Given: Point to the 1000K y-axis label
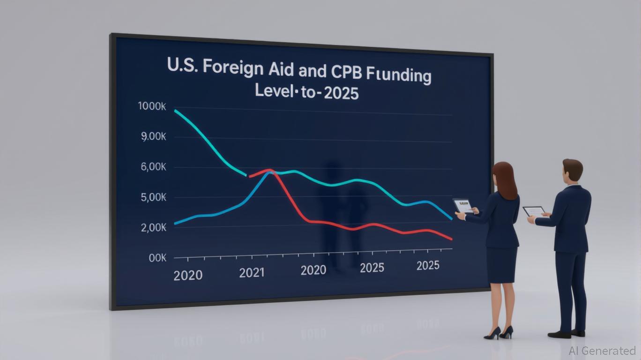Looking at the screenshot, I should pos(152,106).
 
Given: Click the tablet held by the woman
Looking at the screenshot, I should pos(463,205).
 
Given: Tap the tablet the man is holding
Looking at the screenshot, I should pos(534,211).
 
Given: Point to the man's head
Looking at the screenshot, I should pos(573,171).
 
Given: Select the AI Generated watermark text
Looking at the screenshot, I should pos(602,351).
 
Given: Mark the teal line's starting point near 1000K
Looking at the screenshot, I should pos(175,111).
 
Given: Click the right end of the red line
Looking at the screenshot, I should pos(451,239).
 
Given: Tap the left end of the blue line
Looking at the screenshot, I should pos(175,224).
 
